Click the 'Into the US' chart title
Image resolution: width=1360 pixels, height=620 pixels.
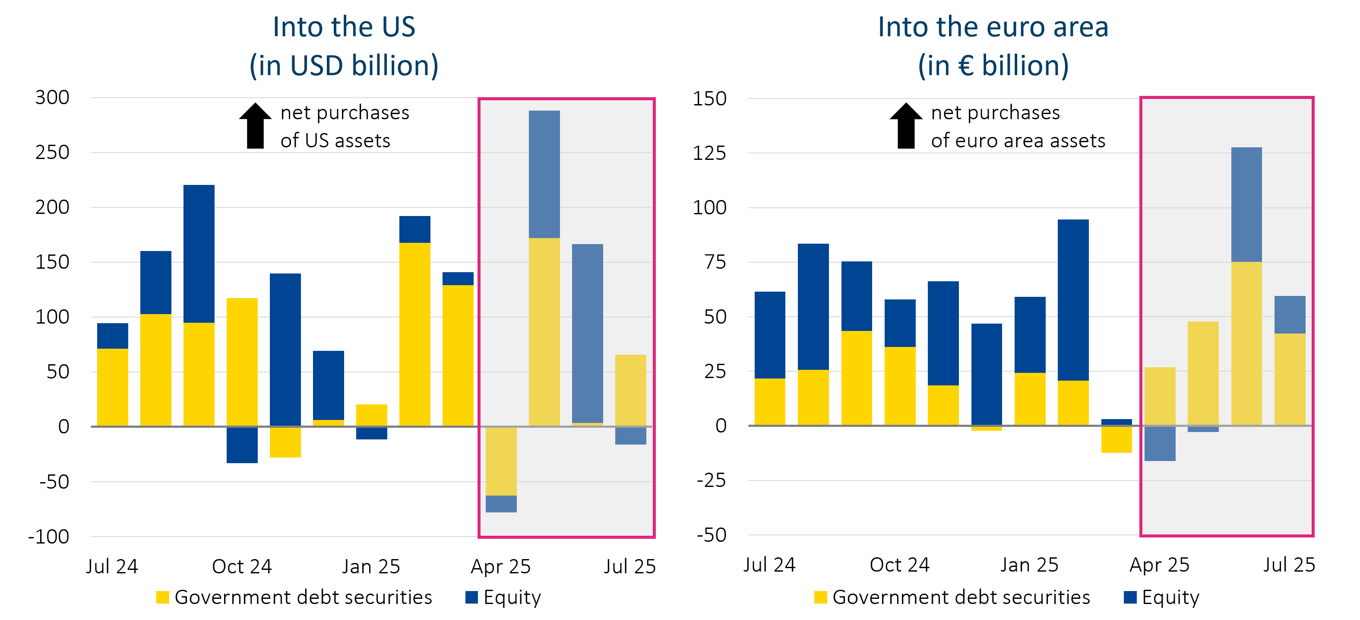pyautogui.click(x=344, y=28)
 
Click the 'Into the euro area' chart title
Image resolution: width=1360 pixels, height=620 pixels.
pyautogui.click(x=993, y=28)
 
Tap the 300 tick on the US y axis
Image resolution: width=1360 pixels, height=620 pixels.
pyautogui.click(x=52, y=98)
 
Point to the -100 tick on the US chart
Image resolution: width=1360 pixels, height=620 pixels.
pyautogui.click(x=48, y=537)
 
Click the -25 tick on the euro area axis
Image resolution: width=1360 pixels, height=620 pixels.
pyautogui.click(x=711, y=480)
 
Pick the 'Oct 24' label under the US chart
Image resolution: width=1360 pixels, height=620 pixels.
pyautogui.click(x=242, y=567)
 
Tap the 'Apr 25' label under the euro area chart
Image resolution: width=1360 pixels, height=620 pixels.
pyautogui.click(x=1159, y=565)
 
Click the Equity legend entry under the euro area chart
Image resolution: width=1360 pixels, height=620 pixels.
pyautogui.click(x=1161, y=597)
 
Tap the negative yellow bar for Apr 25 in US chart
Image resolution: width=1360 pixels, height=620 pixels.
pyautogui.click(x=501, y=461)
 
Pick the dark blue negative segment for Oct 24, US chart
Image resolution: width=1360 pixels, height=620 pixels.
pyautogui.click(x=242, y=445)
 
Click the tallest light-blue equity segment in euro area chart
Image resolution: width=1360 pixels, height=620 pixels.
pyautogui.click(x=1246, y=204)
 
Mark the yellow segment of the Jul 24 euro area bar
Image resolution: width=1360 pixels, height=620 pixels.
pyautogui.click(x=770, y=401)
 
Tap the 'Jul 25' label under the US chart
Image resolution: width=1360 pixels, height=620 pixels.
pyautogui.click(x=630, y=567)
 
